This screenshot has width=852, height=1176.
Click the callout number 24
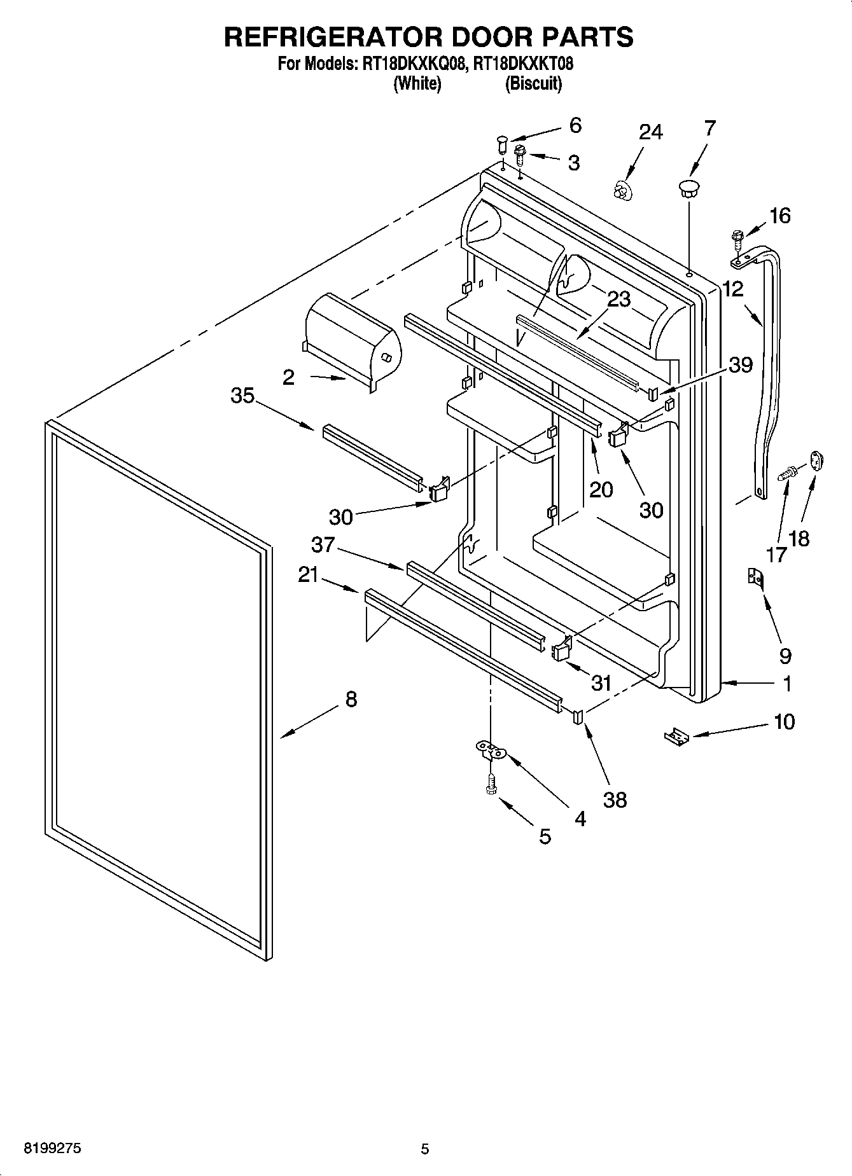click(x=651, y=132)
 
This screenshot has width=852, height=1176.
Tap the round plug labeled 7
click(x=688, y=186)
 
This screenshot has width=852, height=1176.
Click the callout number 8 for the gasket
click(x=351, y=700)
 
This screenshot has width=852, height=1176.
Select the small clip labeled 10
click(x=676, y=737)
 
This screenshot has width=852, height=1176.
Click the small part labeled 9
click(x=755, y=578)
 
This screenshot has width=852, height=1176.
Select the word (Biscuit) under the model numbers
click(x=533, y=83)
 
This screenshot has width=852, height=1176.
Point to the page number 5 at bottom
click(x=425, y=1149)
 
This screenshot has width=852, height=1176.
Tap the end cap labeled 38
click(x=578, y=717)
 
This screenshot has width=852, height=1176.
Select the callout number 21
click(x=309, y=575)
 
